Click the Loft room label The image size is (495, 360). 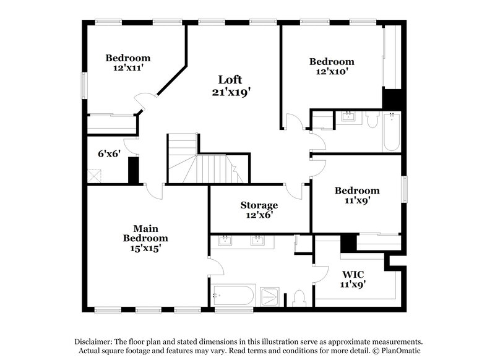(x=230, y=79)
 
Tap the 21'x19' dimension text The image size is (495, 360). (x=230, y=92)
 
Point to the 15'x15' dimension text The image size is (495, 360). (x=145, y=248)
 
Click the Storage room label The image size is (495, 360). (x=259, y=205)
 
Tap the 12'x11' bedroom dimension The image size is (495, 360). (x=127, y=69)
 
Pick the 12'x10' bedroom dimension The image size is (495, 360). (x=332, y=72)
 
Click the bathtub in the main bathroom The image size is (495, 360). (x=233, y=296)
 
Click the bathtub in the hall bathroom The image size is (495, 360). (x=392, y=132)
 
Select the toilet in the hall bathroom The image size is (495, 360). (x=372, y=119)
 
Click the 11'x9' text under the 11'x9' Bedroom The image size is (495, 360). (x=357, y=200)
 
